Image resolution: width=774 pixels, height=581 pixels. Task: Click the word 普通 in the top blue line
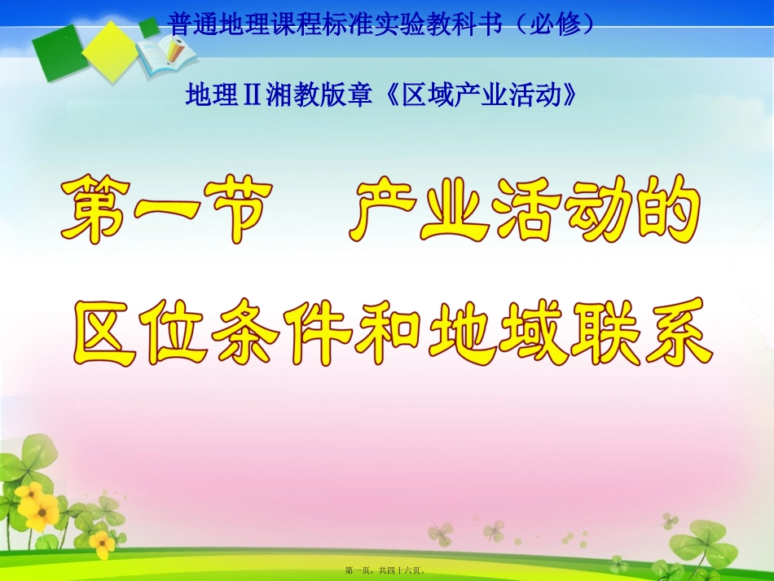pos(192,24)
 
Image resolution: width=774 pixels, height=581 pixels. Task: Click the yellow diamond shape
pos(108,50)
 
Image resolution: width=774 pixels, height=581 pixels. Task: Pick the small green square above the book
pos(149,27)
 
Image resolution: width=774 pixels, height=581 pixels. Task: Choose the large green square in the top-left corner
pos(59,53)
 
